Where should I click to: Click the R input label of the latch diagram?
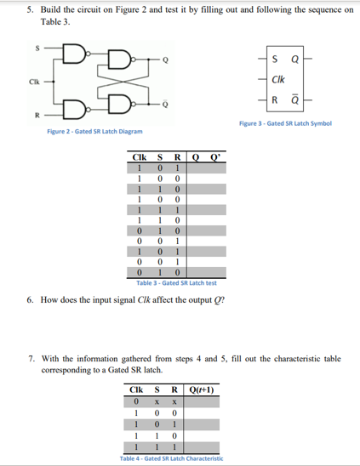11,113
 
